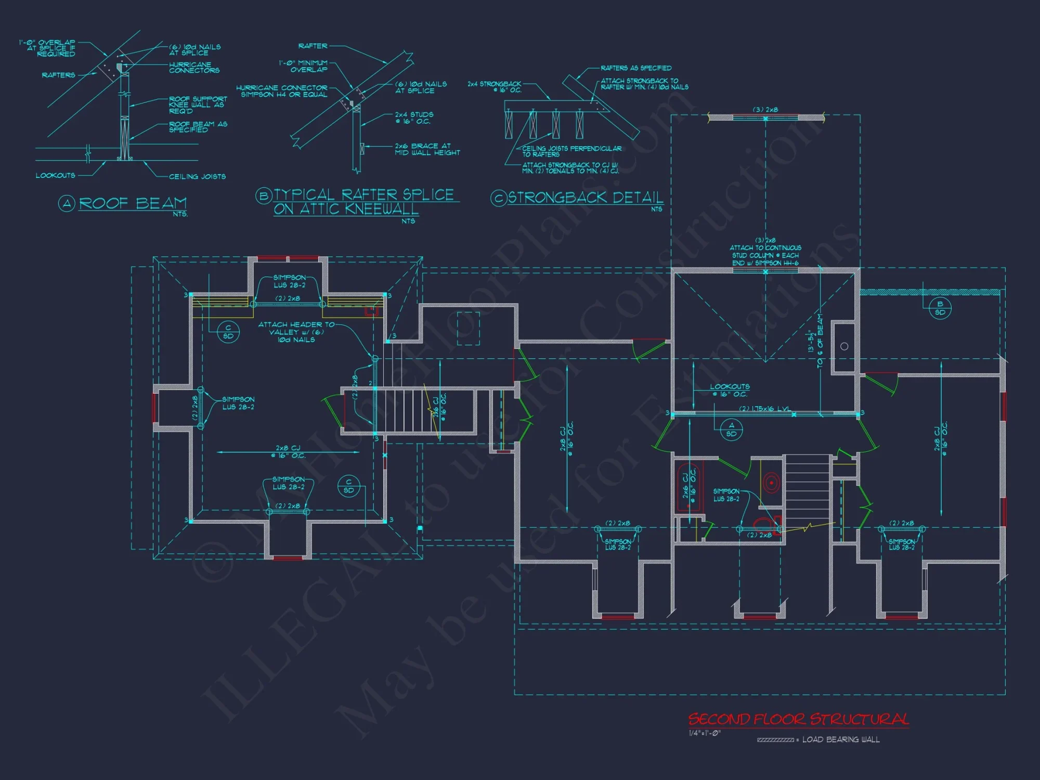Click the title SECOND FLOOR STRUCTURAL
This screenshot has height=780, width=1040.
(x=798, y=719)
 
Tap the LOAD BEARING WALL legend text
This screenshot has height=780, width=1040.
(x=841, y=739)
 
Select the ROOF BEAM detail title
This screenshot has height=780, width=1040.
(x=133, y=203)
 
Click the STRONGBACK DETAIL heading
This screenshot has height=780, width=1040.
(x=586, y=198)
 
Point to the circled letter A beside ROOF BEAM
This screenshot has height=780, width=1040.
(x=67, y=203)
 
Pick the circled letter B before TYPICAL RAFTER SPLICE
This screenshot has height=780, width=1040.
(x=264, y=196)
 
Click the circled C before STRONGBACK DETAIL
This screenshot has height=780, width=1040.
(x=499, y=198)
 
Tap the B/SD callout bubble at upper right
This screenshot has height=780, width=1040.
(x=940, y=308)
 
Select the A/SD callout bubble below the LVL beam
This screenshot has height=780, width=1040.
(x=731, y=430)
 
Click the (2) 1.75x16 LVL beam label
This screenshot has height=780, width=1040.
(x=765, y=409)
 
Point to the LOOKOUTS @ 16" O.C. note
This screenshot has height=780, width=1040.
(x=730, y=390)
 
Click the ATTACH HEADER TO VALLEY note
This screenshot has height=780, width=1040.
(x=296, y=332)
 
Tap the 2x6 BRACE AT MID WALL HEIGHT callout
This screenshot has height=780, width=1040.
(x=427, y=149)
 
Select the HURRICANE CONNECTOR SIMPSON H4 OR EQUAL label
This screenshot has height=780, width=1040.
(x=282, y=91)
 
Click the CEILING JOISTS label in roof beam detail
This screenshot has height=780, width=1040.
(x=197, y=177)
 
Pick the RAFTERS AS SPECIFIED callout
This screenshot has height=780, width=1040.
(x=635, y=68)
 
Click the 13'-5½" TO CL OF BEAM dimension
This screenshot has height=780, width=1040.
(x=815, y=341)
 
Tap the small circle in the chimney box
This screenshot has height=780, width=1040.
(x=844, y=346)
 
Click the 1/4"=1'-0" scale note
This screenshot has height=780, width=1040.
(x=705, y=733)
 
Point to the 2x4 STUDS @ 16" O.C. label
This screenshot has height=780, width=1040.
(x=414, y=118)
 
